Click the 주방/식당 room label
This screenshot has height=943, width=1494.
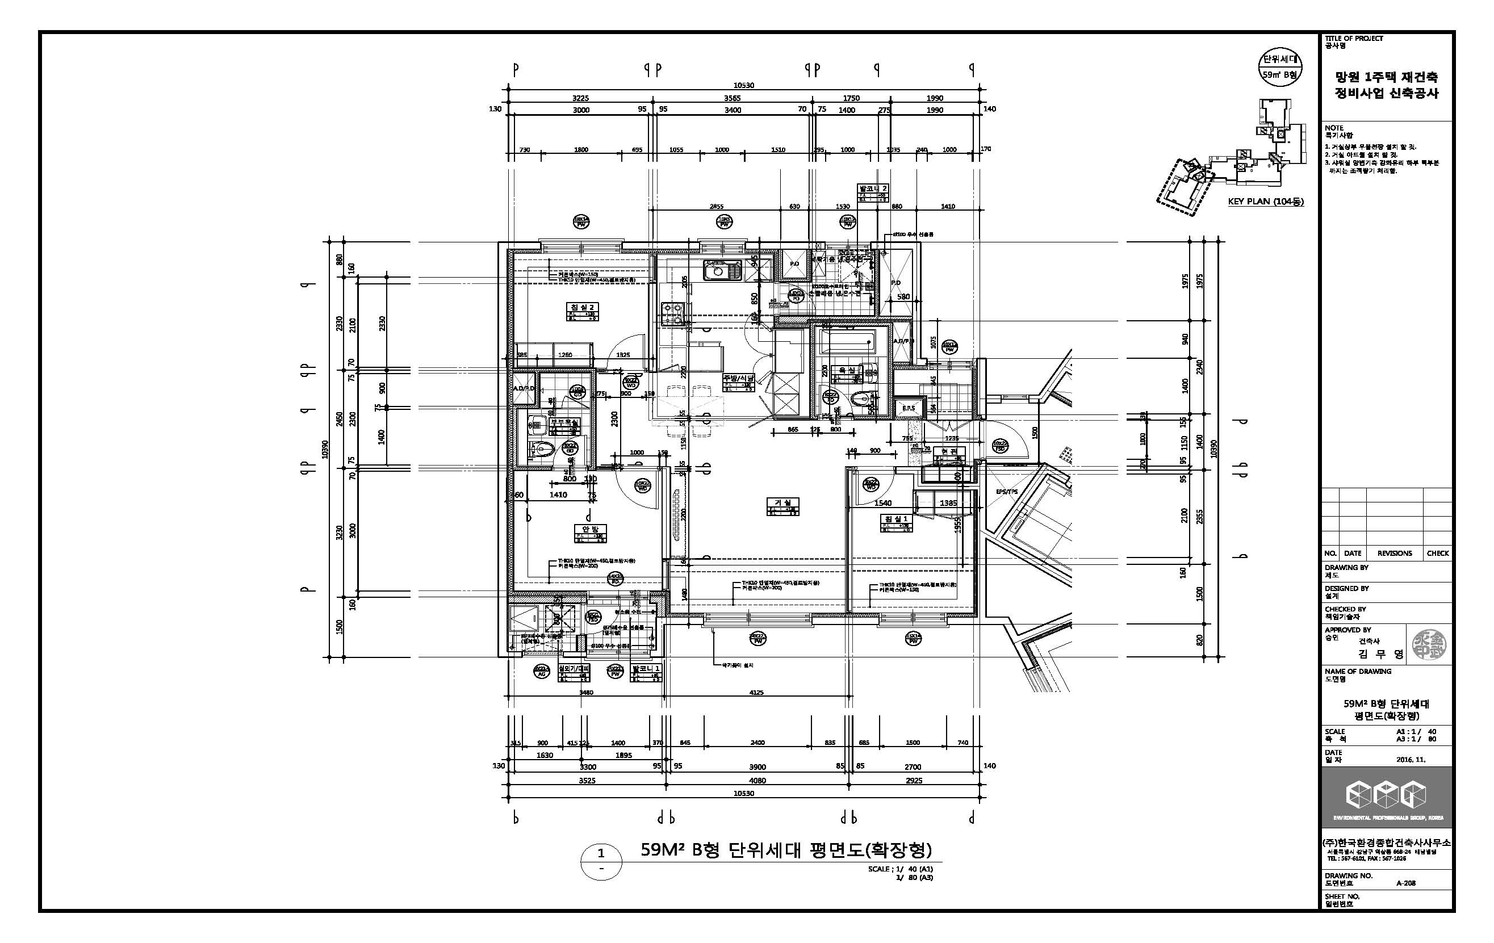[737, 378]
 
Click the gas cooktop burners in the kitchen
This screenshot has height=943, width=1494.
[670, 314]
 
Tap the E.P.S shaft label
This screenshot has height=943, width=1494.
[909, 408]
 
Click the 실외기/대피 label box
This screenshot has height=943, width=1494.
[574, 669]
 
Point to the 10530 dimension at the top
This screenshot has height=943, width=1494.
[743, 86]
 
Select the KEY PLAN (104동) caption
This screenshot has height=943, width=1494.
[1266, 202]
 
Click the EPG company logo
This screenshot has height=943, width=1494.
[1386, 795]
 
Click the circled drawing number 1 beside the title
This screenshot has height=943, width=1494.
[601, 853]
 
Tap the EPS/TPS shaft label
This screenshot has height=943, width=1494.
[1006, 491]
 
